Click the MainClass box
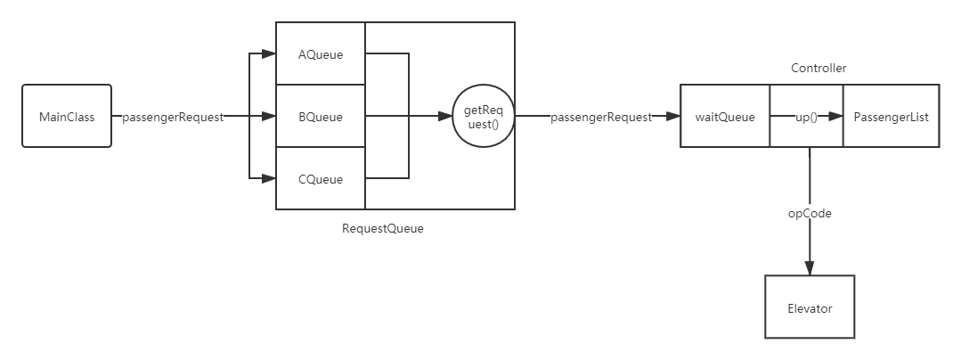[x=66, y=116]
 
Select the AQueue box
[x=321, y=54]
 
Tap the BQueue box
[x=321, y=117]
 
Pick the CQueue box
[x=321, y=179]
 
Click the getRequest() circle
[x=484, y=117]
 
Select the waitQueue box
[x=725, y=117]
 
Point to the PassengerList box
[x=891, y=117]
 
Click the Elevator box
[x=810, y=308]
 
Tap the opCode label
[x=810, y=213]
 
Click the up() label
[x=805, y=117]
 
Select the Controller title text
[x=818, y=69]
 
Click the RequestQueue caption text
[x=383, y=228]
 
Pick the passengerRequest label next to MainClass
[x=173, y=117]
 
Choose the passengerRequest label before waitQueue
[x=601, y=117]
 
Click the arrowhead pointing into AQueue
[x=270, y=54]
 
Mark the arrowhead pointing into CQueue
[x=270, y=179]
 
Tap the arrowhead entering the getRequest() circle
[x=446, y=117]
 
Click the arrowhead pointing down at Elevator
[x=810, y=268]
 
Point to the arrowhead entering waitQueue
[x=675, y=117]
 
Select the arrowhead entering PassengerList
[x=836, y=117]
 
